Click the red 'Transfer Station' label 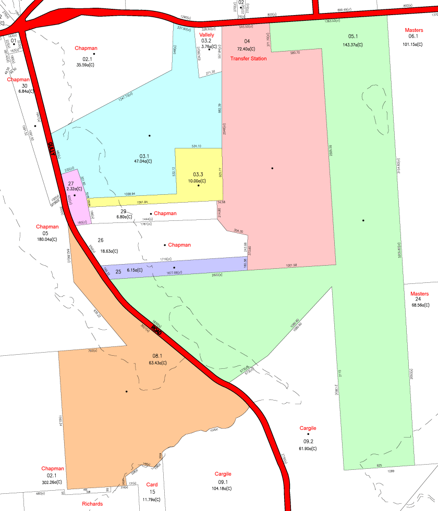coord(248,59)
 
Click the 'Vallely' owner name coord(206,34)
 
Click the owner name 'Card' coord(152,484)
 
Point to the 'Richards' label coord(92,504)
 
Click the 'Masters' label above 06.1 coord(413,30)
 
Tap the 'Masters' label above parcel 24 coord(419,293)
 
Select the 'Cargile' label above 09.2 coord(308,428)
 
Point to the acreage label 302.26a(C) coord(52,482)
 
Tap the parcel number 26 coord(101,241)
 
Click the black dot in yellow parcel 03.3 coord(199,185)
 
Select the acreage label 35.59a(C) coord(86,65)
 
